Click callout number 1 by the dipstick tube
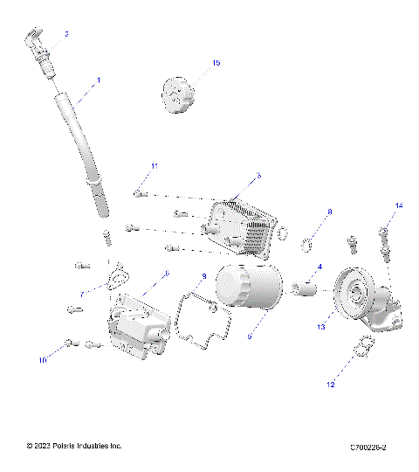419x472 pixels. click(98, 80)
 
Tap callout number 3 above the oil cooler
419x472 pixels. click(258, 177)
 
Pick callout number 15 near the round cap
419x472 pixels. click(217, 64)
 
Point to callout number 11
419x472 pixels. click(155, 166)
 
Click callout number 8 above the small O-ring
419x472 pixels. click(329, 212)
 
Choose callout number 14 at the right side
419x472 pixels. click(401, 206)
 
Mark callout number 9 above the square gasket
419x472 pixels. click(203, 277)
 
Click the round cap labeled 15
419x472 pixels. click(179, 95)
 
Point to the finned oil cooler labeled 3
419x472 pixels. click(239, 222)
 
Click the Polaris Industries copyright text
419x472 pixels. click(74, 447)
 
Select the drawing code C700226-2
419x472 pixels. click(367, 448)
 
